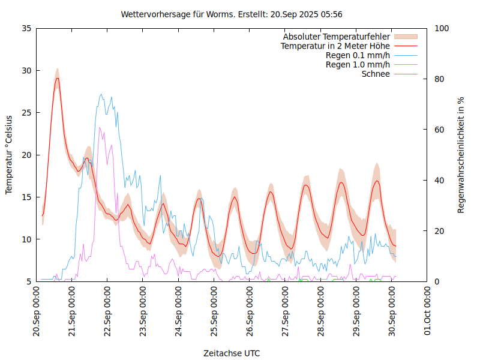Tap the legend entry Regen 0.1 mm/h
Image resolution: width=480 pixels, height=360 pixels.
[x=358, y=55]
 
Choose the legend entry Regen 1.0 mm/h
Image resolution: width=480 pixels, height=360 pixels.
[x=358, y=65]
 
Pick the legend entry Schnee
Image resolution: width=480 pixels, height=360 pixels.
[x=376, y=74]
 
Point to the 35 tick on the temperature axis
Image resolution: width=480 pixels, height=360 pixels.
[x=26, y=28]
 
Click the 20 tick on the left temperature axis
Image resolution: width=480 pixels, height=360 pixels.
[x=26, y=155]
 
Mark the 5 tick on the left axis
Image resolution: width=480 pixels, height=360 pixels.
[x=28, y=281]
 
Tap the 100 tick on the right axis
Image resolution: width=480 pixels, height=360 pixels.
[x=441, y=28]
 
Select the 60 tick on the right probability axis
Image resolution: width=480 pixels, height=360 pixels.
[x=439, y=130]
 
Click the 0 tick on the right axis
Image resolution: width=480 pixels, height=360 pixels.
[x=436, y=281]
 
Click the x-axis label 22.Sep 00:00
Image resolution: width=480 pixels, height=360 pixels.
[x=107, y=312]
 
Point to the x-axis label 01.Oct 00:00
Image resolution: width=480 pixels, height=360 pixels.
[x=428, y=312]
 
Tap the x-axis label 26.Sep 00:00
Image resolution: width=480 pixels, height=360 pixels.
[x=250, y=312]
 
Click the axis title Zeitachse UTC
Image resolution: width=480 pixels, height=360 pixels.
[x=232, y=353]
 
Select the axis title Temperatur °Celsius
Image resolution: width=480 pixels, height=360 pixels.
[x=9, y=154]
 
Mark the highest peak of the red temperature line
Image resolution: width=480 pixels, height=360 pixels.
[x=58, y=78]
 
